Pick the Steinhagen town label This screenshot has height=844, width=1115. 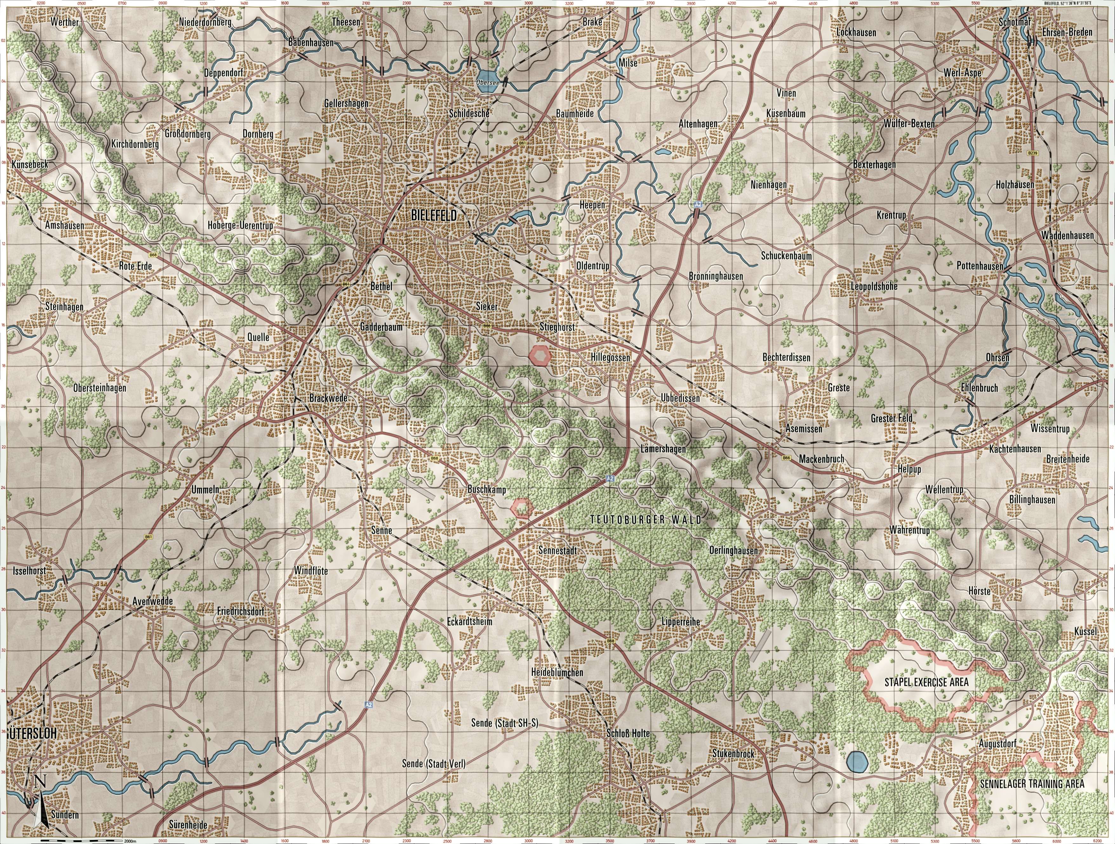pyautogui.click(x=64, y=306)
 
